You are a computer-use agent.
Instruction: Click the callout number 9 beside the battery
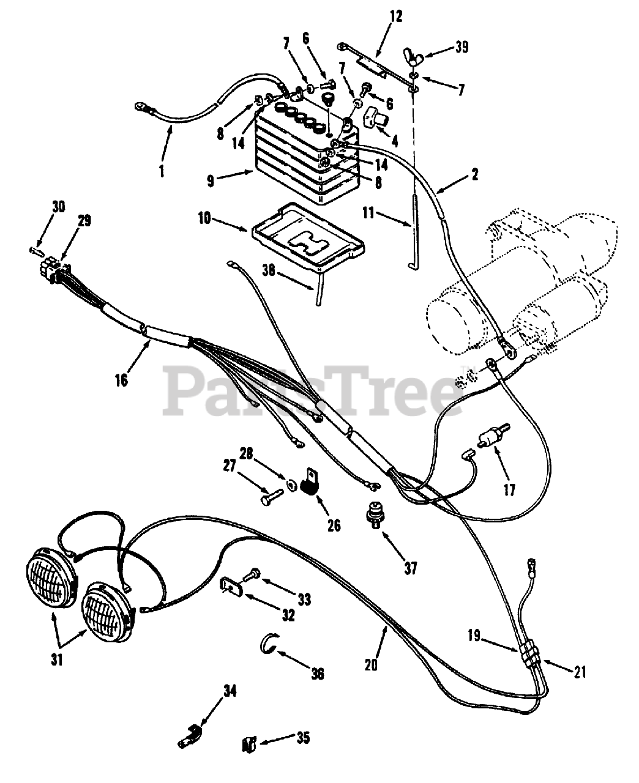[211, 180]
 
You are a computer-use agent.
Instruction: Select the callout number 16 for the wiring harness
[121, 380]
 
